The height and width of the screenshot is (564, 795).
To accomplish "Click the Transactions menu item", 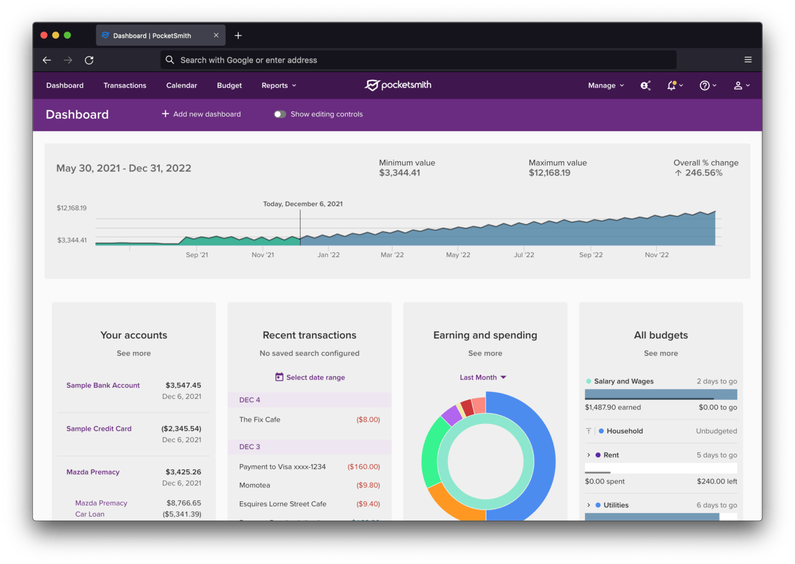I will tap(125, 85).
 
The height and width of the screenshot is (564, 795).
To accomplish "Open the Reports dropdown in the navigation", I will tap(279, 85).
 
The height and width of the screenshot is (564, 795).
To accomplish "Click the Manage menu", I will tap(606, 85).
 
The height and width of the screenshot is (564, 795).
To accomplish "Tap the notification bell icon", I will tap(672, 85).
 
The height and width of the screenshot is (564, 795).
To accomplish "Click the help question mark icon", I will tap(704, 85).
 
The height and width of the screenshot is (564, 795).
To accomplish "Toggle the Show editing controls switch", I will tap(280, 115).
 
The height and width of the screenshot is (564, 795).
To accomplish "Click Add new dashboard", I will tap(201, 114).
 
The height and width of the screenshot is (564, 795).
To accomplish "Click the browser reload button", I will tap(89, 60).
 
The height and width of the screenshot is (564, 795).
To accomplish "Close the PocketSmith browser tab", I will tap(216, 36).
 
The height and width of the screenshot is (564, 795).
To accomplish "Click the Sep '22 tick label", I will tap(590, 255).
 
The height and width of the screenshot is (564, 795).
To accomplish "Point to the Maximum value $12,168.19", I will tap(549, 173).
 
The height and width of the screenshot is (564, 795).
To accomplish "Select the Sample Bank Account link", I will tap(103, 386).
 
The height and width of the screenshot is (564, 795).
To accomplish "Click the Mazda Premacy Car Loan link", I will tap(101, 508).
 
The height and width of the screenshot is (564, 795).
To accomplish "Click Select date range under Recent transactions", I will tap(310, 378).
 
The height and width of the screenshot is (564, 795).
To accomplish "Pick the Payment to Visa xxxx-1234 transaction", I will tap(282, 467).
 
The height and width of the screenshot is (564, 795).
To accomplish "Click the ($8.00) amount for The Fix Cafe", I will tap(368, 420).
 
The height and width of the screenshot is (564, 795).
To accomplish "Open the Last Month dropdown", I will tap(483, 378).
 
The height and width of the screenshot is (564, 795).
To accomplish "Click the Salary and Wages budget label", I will tap(624, 382).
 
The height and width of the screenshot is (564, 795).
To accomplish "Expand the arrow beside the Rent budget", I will tap(589, 455).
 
